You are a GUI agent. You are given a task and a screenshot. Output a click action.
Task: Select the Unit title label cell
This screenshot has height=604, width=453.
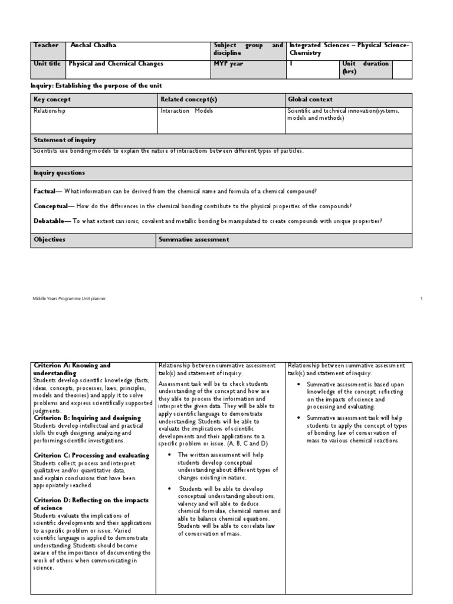coord(48,64)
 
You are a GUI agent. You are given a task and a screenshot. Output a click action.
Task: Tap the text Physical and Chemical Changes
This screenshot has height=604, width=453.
coord(116,64)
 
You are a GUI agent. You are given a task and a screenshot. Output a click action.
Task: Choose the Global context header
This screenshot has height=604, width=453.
coord(310,100)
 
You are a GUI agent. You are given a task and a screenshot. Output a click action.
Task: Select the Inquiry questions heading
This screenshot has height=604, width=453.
coord(59,173)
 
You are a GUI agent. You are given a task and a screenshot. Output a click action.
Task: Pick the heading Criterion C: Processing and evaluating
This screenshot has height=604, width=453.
coord(91,455)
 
